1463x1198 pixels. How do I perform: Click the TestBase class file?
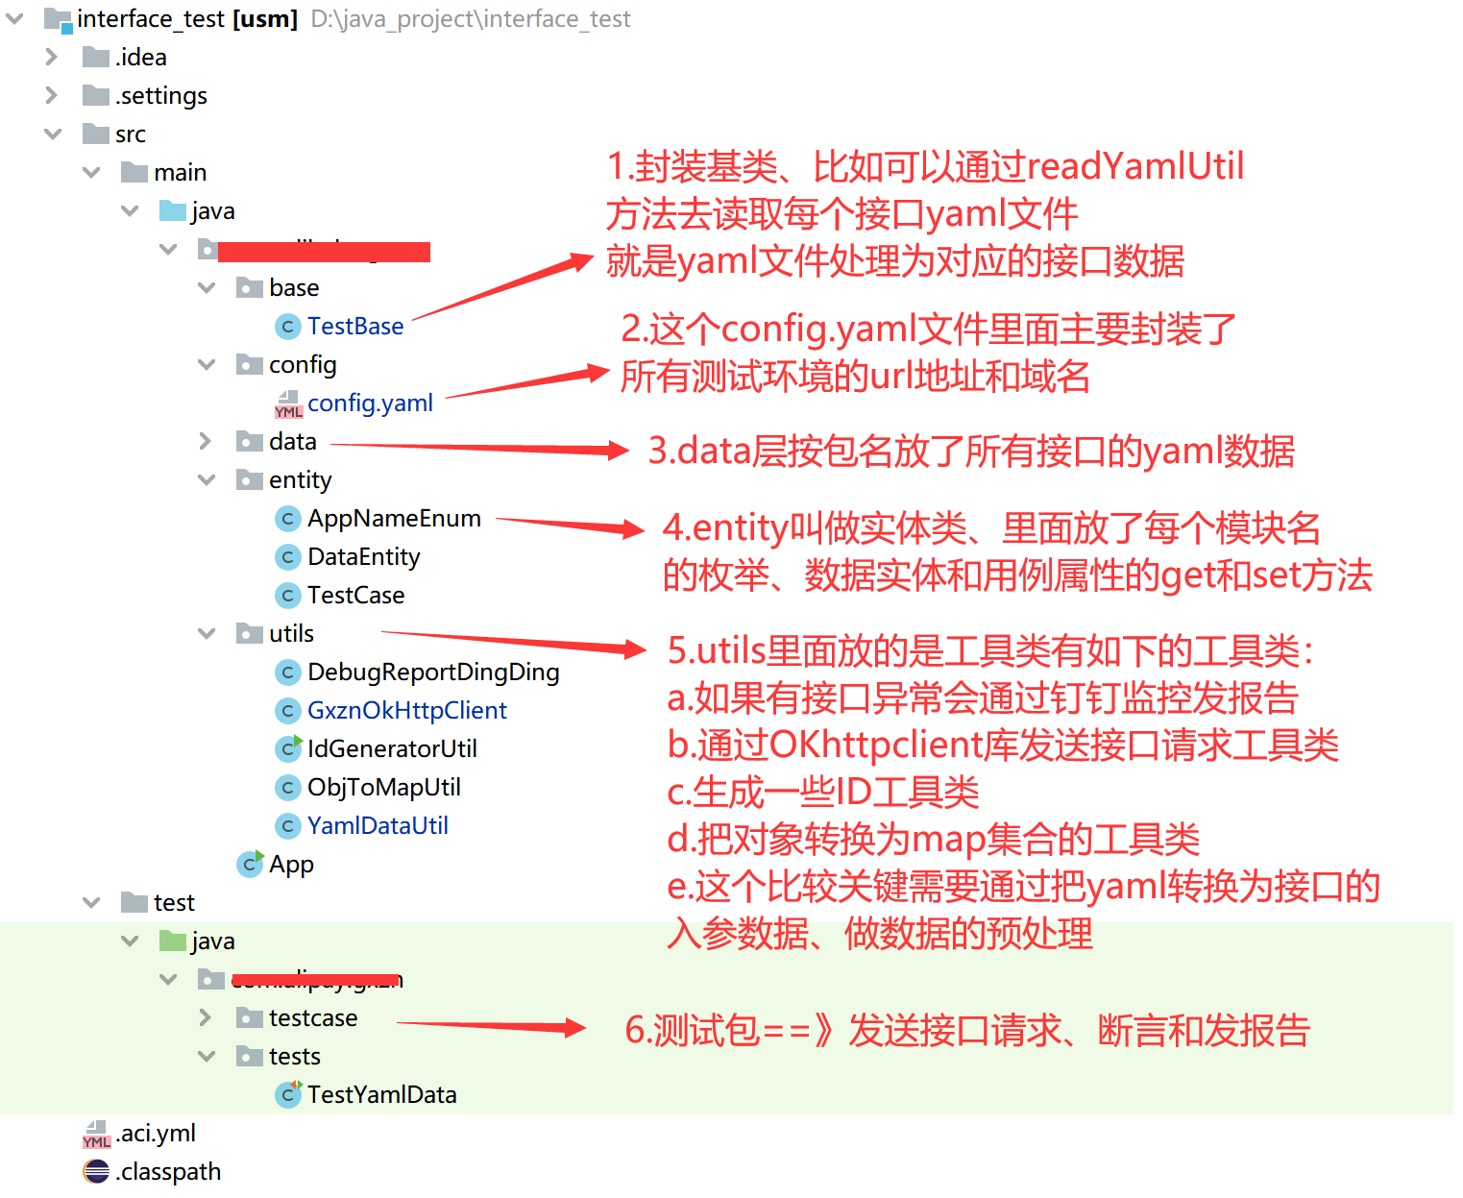pyautogui.click(x=354, y=327)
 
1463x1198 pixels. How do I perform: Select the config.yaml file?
pyautogui.click(x=370, y=403)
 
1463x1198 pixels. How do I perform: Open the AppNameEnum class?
pyautogui.click(x=394, y=519)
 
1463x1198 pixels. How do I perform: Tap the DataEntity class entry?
pyautogui.click(x=363, y=557)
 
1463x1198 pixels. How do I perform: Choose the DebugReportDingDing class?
pyautogui.click(x=432, y=672)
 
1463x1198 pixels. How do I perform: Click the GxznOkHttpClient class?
pyautogui.click(x=406, y=711)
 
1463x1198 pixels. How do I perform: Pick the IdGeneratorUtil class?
pyautogui.click(x=391, y=749)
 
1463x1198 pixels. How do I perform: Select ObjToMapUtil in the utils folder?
pyautogui.click(x=383, y=788)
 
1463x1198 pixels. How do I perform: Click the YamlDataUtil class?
pyautogui.click(x=378, y=826)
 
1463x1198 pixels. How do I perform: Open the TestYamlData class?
pyautogui.click(x=381, y=1095)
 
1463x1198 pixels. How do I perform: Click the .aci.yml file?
pyautogui.click(x=156, y=1134)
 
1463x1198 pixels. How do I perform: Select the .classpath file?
pyautogui.click(x=168, y=1172)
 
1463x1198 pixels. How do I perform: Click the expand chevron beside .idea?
pyautogui.click(x=52, y=58)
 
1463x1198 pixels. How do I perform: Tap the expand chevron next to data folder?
pyautogui.click(x=205, y=442)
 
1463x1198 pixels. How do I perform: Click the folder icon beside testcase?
pyautogui.click(x=250, y=1018)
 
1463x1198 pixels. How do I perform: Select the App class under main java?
pyautogui.click(x=290, y=865)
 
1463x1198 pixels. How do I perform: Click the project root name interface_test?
pyautogui.click(x=151, y=19)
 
